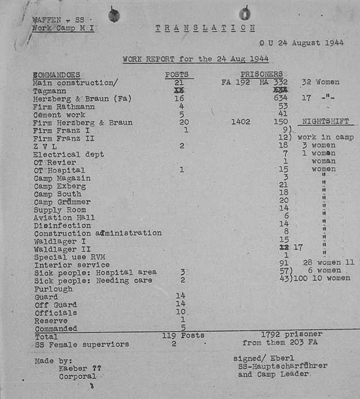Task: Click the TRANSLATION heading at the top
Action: click(x=205, y=28)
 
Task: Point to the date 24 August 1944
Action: click(x=310, y=43)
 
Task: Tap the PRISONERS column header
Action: click(x=262, y=74)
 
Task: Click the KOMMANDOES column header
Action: click(x=56, y=75)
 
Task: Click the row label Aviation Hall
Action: click(x=63, y=218)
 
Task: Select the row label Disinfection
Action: click(x=62, y=226)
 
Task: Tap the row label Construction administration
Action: click(x=97, y=233)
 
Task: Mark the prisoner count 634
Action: click(x=282, y=98)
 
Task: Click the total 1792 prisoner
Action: click(x=291, y=334)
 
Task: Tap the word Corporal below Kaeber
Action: click(x=77, y=377)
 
